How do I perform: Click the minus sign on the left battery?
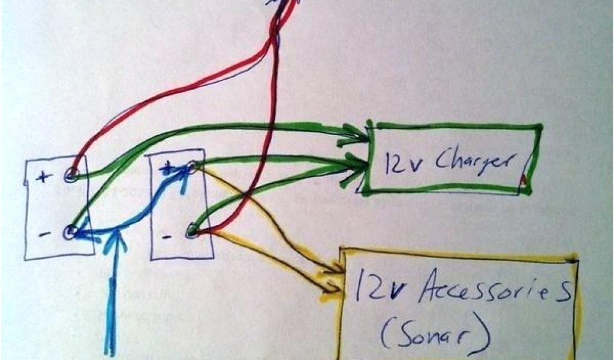[x=43, y=234]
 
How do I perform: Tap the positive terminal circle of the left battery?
[x=71, y=175]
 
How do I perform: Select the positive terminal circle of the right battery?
[x=191, y=167]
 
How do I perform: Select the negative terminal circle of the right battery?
[x=192, y=229]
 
